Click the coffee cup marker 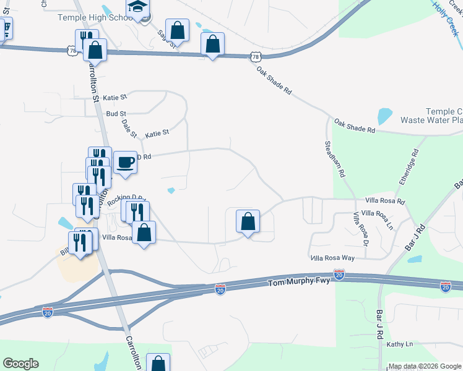[x=125, y=163]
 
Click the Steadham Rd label [x=335, y=160]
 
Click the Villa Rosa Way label [x=332, y=257]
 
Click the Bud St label [x=116, y=114]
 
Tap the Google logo [x=20, y=364]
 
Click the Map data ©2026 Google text [x=425, y=366]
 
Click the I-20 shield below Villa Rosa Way [x=339, y=274]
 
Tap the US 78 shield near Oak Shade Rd [x=256, y=57]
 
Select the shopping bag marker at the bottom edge [x=158, y=363]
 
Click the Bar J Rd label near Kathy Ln [x=379, y=323]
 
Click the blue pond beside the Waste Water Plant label [x=384, y=116]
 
